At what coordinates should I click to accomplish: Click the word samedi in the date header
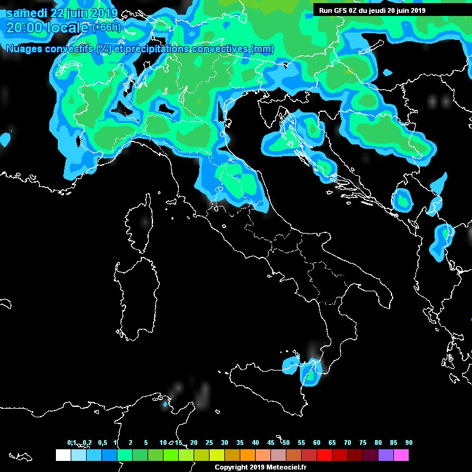coord(26,14)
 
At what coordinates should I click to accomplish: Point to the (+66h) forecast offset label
coord(106,28)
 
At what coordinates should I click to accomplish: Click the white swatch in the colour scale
coord(63,455)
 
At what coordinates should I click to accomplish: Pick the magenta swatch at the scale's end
coord(401,455)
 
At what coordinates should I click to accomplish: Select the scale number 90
coord(409,442)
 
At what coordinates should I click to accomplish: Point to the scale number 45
coord(270,442)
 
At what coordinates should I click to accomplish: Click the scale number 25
coord(209,442)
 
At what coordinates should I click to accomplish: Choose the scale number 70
coord(347,442)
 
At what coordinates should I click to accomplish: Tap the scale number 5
coord(146,442)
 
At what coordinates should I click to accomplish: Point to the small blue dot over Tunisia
coord(165,404)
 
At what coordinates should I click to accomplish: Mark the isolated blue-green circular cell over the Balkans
coord(403,200)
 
